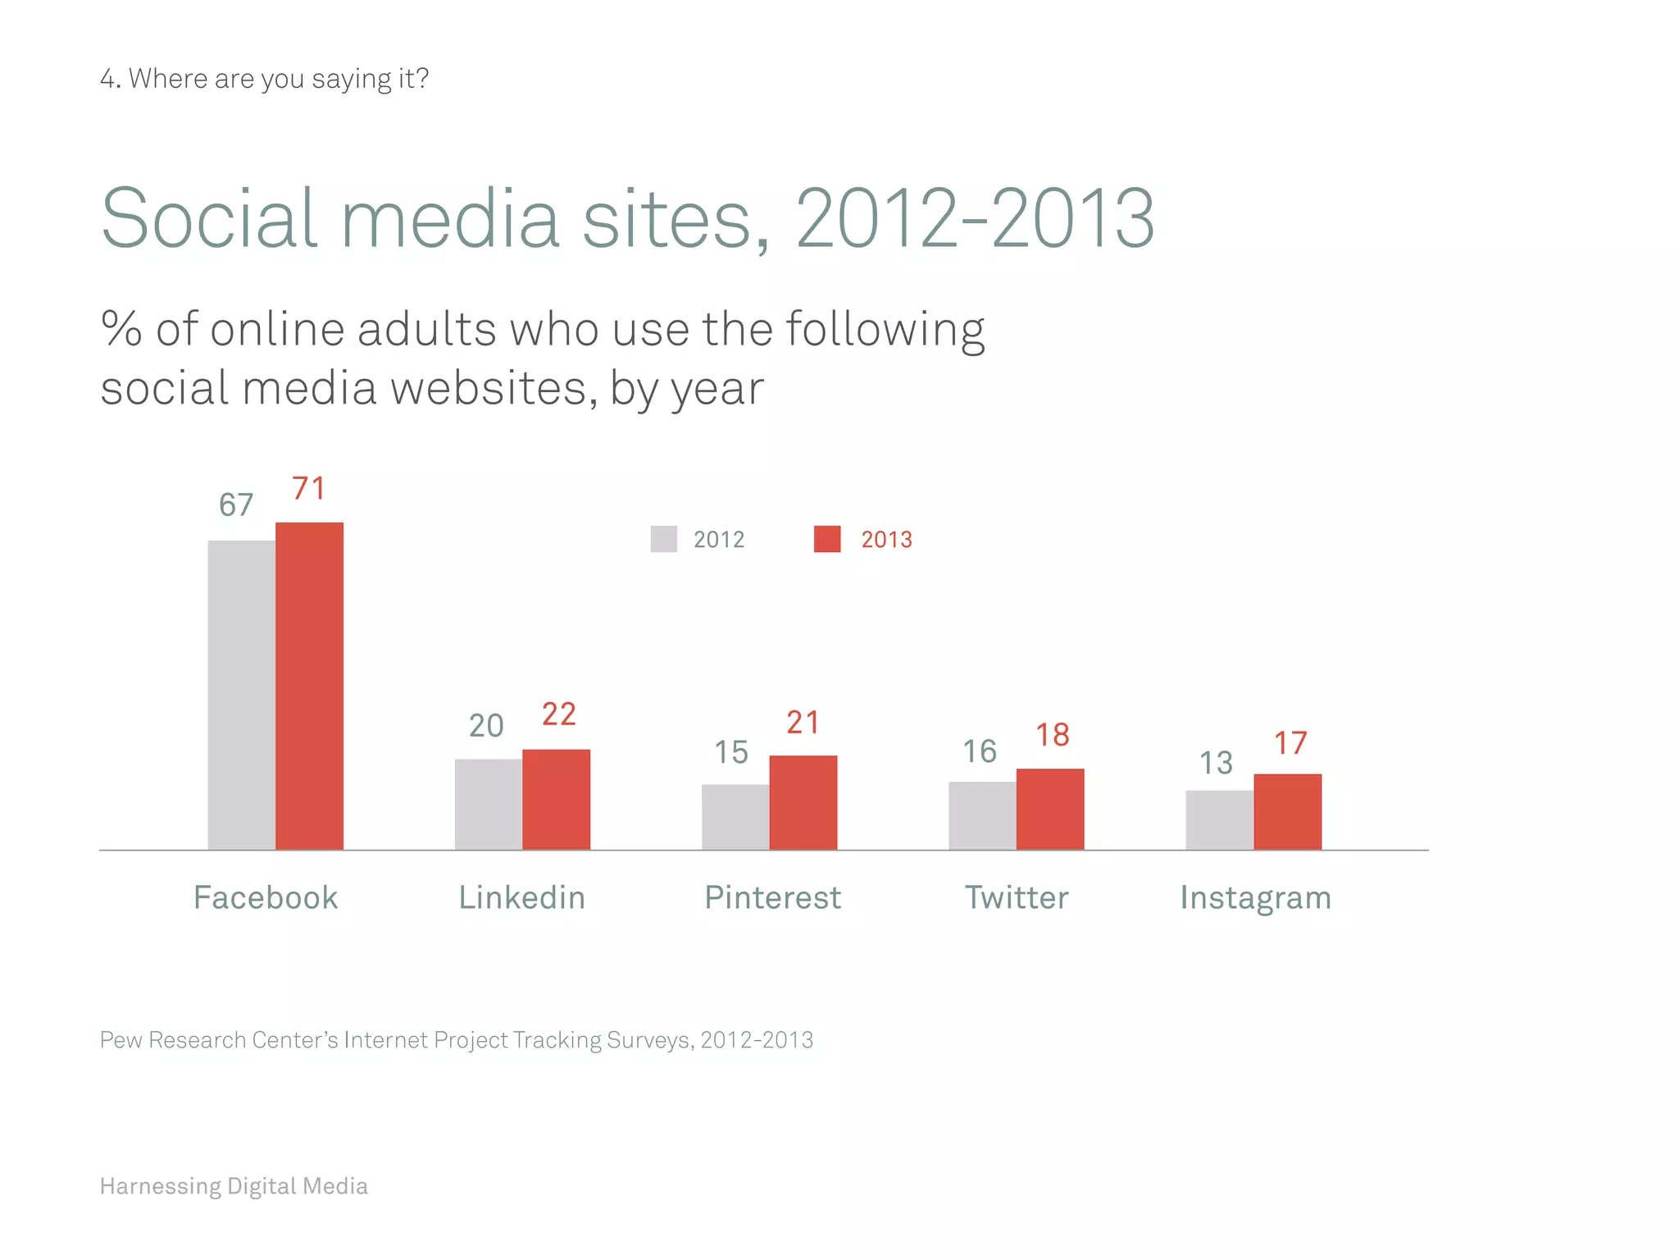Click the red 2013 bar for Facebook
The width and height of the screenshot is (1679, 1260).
point(309,686)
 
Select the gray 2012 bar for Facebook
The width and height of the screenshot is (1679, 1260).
point(242,695)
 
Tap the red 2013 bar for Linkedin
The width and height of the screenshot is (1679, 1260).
point(556,799)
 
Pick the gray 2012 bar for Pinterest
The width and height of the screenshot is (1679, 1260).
point(735,817)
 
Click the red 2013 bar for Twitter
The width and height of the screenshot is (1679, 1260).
point(1050,809)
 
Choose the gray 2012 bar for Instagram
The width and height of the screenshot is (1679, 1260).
point(1219,819)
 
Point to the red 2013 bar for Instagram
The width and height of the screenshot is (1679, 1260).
point(1287,811)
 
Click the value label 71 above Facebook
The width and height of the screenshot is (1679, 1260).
point(309,489)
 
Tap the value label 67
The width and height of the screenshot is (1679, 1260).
point(236,505)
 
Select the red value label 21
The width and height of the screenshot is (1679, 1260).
point(803,723)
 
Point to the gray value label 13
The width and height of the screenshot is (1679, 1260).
point(1216,763)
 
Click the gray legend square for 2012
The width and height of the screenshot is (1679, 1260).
point(663,539)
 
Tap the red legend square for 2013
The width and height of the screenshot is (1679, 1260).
point(826,539)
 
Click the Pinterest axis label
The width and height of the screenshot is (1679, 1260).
point(772,897)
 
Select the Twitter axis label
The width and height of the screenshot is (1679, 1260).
point(1017,897)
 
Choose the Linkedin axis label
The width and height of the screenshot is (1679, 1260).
point(521,897)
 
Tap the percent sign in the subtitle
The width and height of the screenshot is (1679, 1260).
point(121,329)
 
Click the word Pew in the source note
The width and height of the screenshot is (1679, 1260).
point(121,1040)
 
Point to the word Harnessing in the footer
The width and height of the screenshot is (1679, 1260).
point(161,1186)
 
